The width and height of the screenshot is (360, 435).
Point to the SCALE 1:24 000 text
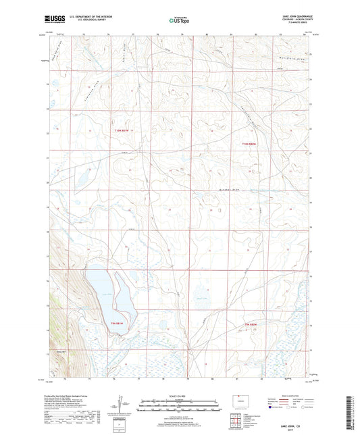point(179,395)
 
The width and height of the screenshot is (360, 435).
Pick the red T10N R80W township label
point(250,144)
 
